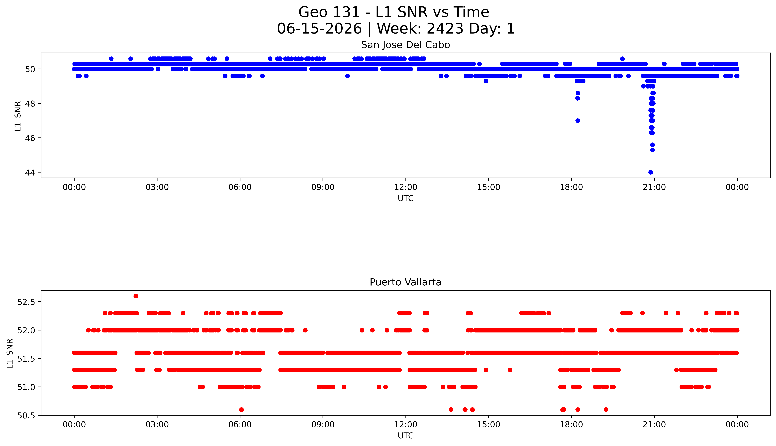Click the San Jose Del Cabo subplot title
click(x=405, y=45)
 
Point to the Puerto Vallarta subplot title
click(x=405, y=282)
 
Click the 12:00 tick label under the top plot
click(x=405, y=187)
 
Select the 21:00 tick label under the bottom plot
click(x=654, y=425)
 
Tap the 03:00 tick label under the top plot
click(x=157, y=187)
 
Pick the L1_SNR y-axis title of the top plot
click(x=18, y=116)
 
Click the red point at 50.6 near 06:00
click(x=241, y=410)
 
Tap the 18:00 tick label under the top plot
click(x=571, y=187)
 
